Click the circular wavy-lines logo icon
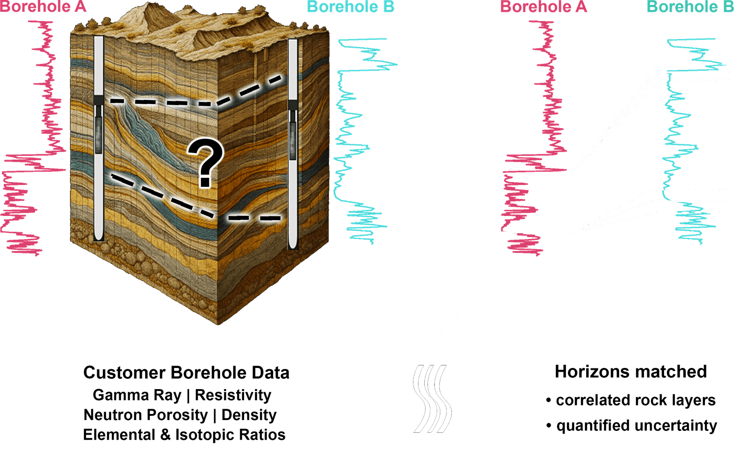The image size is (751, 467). click(x=430, y=398)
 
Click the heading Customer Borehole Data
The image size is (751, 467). click(x=186, y=373)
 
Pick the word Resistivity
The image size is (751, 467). click(x=233, y=395)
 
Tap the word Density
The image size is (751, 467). click(x=249, y=415)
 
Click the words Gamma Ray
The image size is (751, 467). click(x=137, y=395)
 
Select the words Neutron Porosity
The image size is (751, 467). click(x=146, y=415)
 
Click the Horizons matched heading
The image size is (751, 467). click(x=630, y=372)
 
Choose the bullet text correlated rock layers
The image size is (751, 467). click(x=636, y=400)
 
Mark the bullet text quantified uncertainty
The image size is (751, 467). click(x=636, y=426)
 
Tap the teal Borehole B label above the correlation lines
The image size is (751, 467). click(x=690, y=7)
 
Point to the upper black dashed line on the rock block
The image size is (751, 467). click(x=197, y=99)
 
